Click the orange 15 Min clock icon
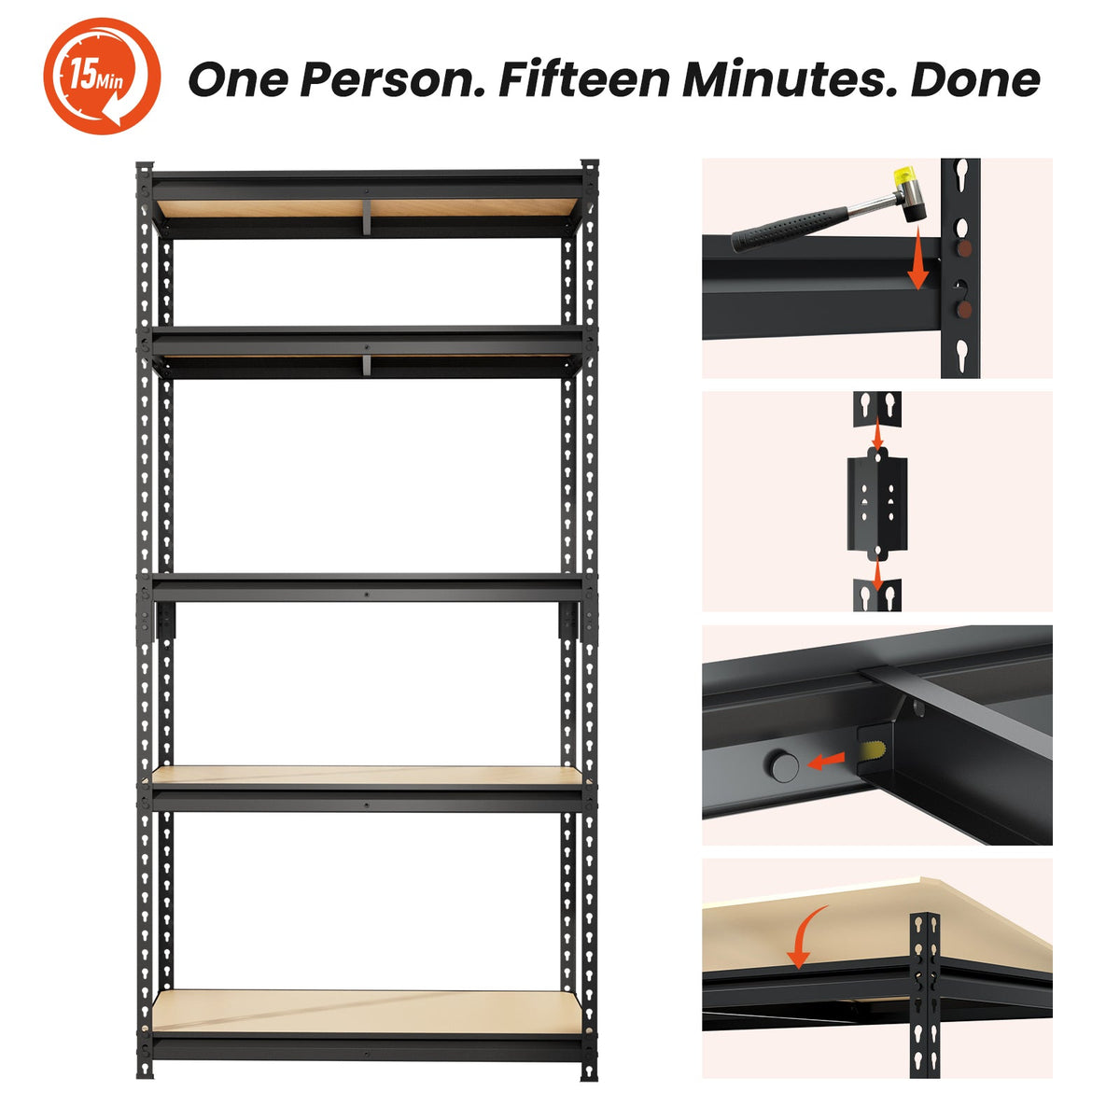pyautogui.click(x=102, y=77)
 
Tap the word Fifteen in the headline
pyautogui.click(x=584, y=79)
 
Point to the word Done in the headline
pyautogui.click(x=975, y=79)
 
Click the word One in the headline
pyautogui.click(x=238, y=79)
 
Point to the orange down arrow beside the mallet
pyautogui.click(x=917, y=258)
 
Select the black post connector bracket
pyautogui.click(x=877, y=504)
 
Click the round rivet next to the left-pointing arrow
pyautogui.click(x=783, y=766)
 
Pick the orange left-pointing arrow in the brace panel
pyautogui.click(x=825, y=761)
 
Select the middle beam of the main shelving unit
pyautogui.click(x=367, y=588)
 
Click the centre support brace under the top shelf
pyautogui.click(x=367, y=217)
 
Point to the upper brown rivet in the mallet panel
pyautogui.click(x=963, y=249)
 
